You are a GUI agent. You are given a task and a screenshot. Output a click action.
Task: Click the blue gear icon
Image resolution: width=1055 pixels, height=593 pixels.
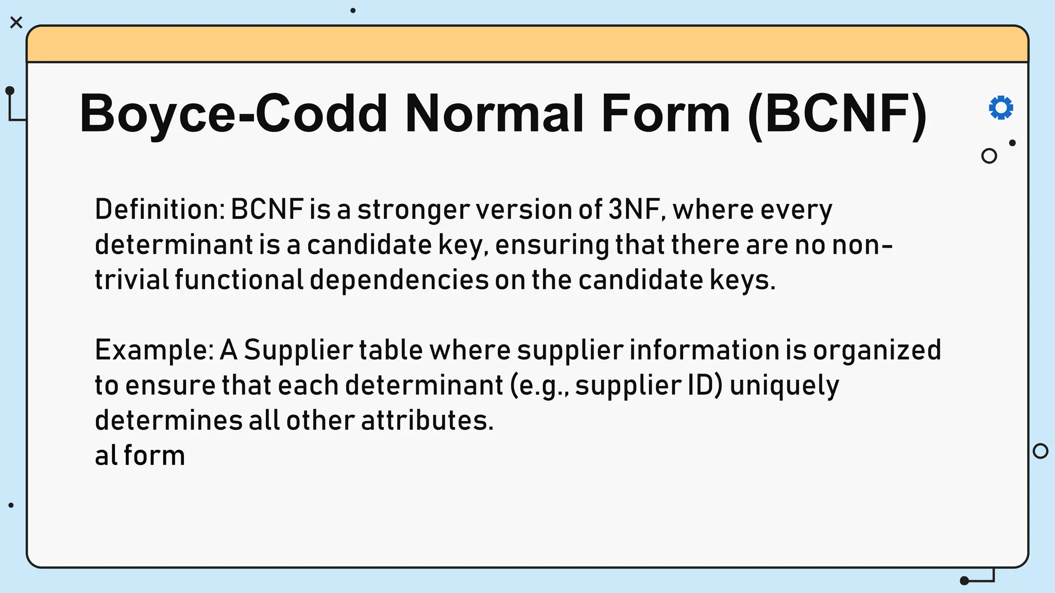pos(1001,108)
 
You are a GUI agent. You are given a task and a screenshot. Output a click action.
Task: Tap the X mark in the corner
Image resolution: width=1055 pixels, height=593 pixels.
pos(16,23)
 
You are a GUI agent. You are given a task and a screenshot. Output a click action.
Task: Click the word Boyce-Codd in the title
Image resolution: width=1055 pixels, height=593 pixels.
pos(233,113)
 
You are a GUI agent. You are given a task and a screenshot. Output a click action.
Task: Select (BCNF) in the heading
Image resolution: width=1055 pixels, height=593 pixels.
pos(837,113)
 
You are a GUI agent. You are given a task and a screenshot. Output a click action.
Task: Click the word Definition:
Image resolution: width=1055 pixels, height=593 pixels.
pos(160,210)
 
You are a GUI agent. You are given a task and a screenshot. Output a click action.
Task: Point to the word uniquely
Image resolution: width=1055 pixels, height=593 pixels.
pos(784,386)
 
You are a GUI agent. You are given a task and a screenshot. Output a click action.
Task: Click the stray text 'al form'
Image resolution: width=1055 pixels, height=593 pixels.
pos(140,456)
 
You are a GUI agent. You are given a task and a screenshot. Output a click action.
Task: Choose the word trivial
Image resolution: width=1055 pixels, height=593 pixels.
pos(132,280)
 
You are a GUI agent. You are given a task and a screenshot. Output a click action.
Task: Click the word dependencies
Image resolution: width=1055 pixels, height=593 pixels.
pos(399,281)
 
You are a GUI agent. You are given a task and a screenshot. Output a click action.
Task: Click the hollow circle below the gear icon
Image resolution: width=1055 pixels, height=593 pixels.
pos(989,156)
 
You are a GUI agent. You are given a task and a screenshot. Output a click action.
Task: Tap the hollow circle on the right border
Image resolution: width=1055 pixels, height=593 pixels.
pos(1041,451)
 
